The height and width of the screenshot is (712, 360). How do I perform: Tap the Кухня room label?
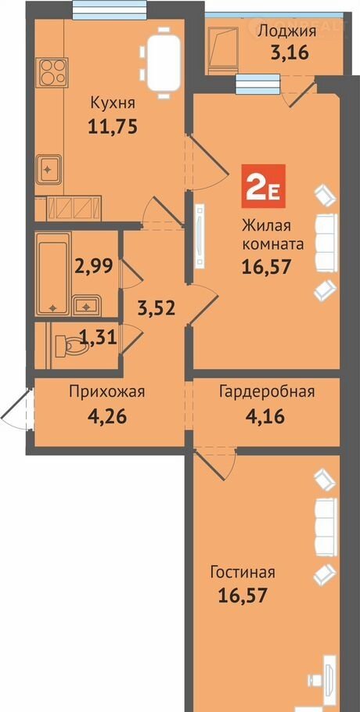click(x=113, y=102)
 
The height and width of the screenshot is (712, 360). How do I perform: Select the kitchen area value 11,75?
click(x=112, y=127)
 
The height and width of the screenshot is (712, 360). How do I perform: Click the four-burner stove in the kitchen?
click(x=53, y=72)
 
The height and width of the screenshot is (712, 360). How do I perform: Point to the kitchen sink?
click(x=49, y=169)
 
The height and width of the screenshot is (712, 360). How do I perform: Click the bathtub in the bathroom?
click(x=52, y=273)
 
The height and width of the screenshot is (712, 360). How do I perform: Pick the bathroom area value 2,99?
click(x=95, y=266)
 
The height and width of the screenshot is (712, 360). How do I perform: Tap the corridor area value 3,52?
click(x=157, y=308)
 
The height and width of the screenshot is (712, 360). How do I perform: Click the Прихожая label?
click(x=107, y=391)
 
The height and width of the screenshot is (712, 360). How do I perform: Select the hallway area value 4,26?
click(x=107, y=415)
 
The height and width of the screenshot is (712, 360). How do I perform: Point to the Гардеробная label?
click(x=267, y=391)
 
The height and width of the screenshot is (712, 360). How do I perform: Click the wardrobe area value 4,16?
click(x=266, y=415)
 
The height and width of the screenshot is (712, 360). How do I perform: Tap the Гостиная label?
click(x=243, y=572)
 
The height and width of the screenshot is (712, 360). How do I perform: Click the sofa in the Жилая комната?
click(x=327, y=243)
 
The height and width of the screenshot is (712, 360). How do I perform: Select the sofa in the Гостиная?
click(x=326, y=527)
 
